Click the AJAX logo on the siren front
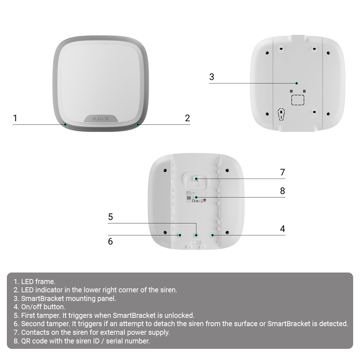coord(101,118)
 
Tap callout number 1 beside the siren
coord(15,118)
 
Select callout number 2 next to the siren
coord(187,118)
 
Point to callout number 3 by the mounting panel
coord(212,77)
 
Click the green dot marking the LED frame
coord(65,125)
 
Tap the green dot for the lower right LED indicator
coord(138,125)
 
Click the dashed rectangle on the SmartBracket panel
coord(298,100)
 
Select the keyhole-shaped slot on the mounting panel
coord(281,114)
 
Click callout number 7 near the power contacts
coord(283,172)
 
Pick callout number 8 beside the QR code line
coord(283,191)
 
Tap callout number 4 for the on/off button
coord(283,229)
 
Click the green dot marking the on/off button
coord(212,235)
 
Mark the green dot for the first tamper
coord(196,235)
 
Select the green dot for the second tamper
coord(180,235)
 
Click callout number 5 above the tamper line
coord(111,217)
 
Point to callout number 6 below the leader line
coord(111,242)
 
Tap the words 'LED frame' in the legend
coord(38,282)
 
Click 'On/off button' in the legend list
coord(43,307)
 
